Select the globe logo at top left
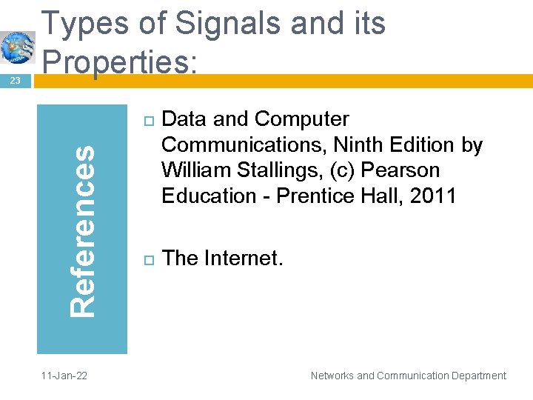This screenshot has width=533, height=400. (17, 47)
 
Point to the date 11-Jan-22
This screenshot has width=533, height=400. (64, 376)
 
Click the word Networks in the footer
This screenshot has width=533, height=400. (332, 376)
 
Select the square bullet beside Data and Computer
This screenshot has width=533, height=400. (145, 121)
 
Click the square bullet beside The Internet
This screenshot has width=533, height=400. (145, 259)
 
